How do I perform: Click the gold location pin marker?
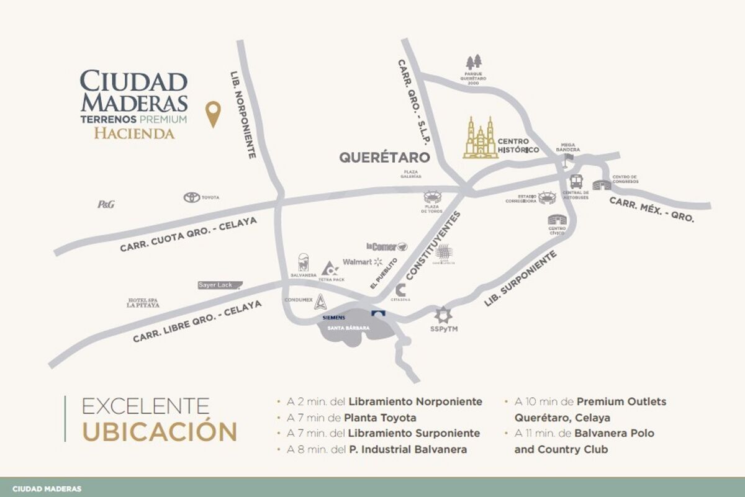(213, 114)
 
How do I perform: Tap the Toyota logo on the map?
(191, 197)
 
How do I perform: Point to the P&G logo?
(106, 204)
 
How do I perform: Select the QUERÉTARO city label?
(385, 157)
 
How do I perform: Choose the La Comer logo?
(386, 246)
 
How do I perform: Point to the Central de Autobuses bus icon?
(576, 182)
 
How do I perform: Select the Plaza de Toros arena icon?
(431, 197)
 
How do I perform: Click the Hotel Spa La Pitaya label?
(143, 303)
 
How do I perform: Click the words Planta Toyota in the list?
(381, 418)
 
